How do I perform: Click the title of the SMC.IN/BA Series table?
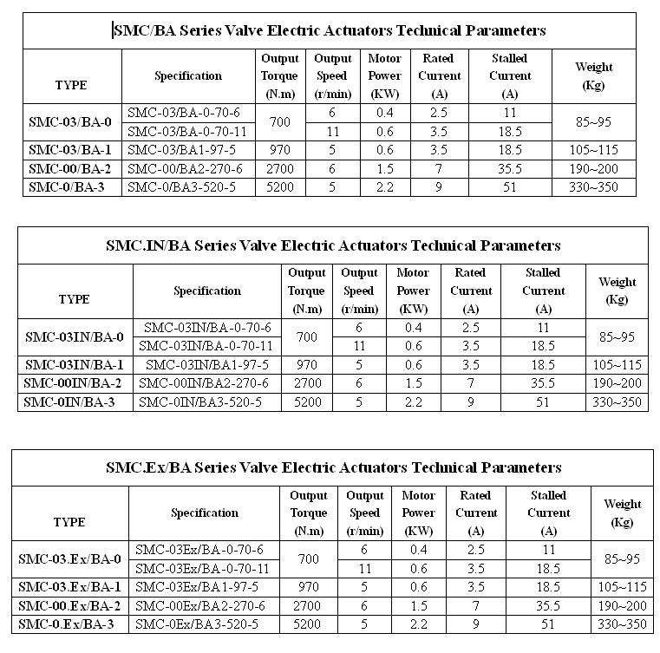333,245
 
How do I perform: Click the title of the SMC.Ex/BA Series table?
333,467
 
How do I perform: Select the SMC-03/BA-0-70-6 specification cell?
184,113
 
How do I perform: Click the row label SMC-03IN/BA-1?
74,364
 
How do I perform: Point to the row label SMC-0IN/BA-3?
74,402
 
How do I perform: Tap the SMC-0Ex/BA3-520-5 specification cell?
197,624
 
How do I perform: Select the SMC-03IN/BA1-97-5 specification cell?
204,364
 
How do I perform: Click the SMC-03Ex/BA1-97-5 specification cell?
198,587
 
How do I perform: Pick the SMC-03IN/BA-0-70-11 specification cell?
207,346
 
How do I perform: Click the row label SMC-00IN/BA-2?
74,382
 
